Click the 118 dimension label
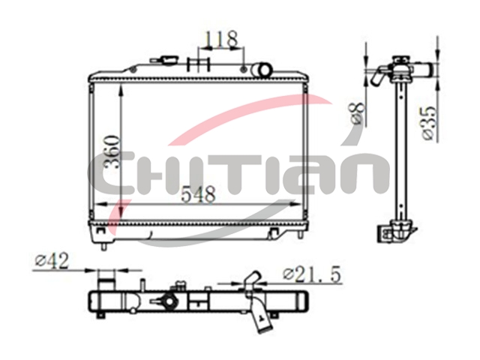click(x=221, y=39)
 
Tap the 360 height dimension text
click(x=112, y=152)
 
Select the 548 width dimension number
click(x=198, y=194)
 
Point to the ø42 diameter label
click(x=52, y=262)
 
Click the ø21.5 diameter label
click(x=312, y=274)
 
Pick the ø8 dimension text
click(x=358, y=112)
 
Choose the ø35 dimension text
click(x=427, y=123)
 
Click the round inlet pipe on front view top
click(x=262, y=70)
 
